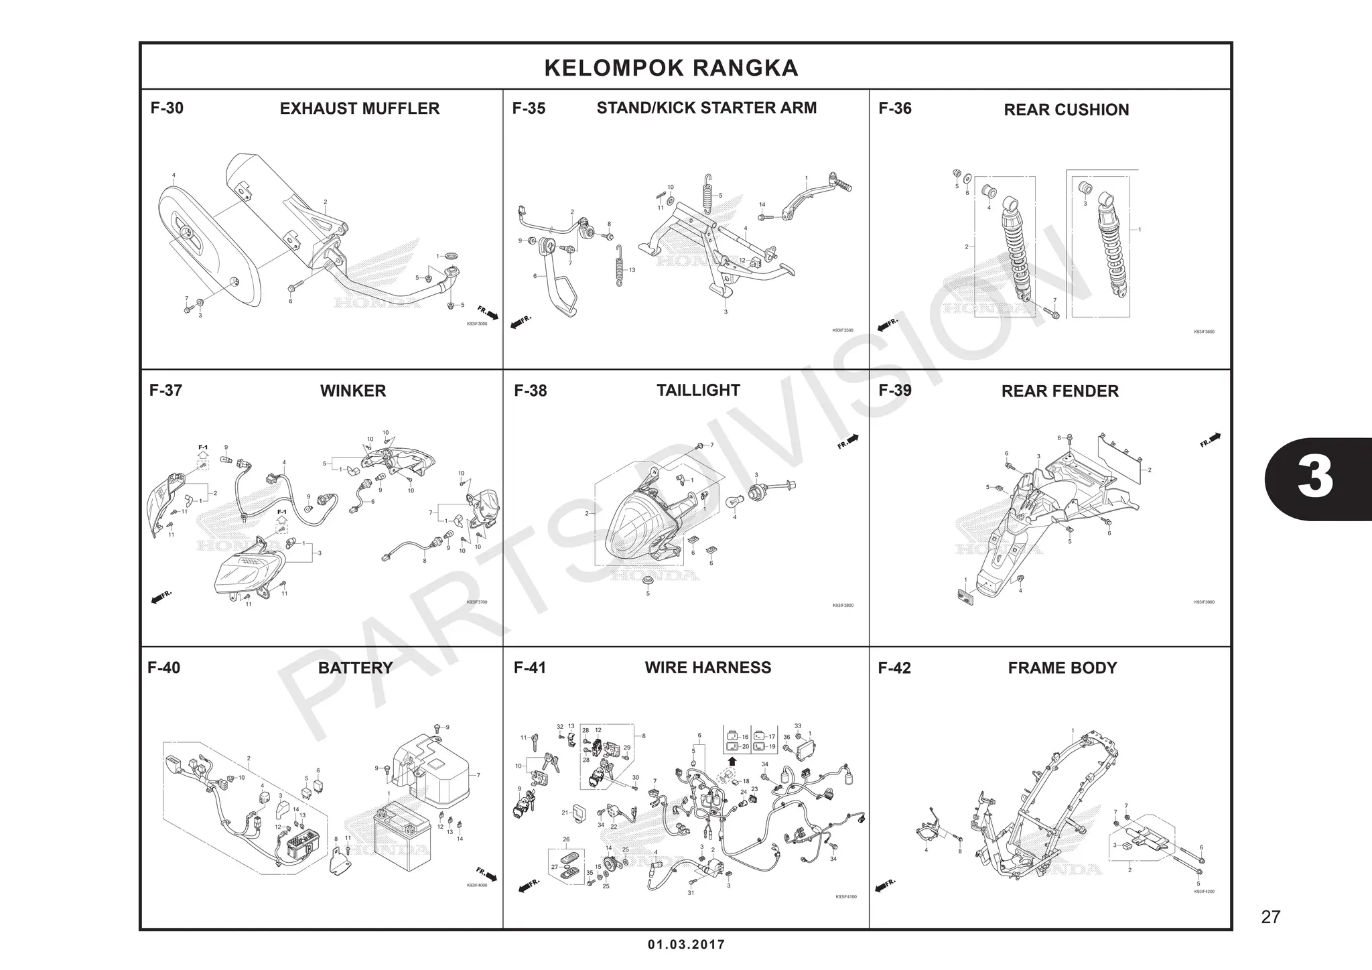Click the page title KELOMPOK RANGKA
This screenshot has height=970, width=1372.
click(671, 68)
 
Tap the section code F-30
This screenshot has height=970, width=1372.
click(167, 109)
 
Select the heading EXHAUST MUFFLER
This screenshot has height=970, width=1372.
click(360, 109)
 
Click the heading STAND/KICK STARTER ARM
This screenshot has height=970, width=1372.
click(706, 108)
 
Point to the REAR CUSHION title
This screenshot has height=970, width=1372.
click(1066, 110)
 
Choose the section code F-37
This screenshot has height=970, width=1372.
click(165, 391)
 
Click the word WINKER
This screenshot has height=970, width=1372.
click(353, 391)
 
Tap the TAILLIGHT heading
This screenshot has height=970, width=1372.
click(698, 391)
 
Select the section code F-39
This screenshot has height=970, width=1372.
click(895, 391)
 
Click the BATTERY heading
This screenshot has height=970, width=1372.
click(355, 668)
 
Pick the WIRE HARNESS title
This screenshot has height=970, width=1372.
click(707, 668)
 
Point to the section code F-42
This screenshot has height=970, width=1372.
click(894, 669)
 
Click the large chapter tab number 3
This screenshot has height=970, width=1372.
click(1315, 478)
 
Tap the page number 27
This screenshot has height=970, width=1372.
click(1270, 917)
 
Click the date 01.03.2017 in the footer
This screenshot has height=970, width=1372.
click(686, 945)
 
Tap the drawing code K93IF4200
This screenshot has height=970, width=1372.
click(1204, 892)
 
